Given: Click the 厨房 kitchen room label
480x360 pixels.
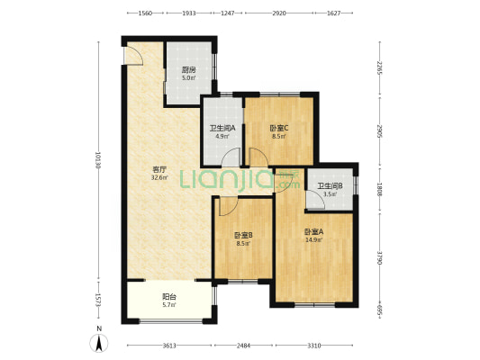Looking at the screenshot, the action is pyautogui.click(x=188, y=70).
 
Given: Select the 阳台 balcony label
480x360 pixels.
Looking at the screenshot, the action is pyautogui.click(x=169, y=297).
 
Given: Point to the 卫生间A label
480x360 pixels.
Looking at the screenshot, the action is pyautogui.click(x=222, y=129).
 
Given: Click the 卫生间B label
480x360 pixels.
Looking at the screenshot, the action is pyautogui.click(x=330, y=186).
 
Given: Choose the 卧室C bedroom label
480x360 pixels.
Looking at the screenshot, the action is pyautogui.click(x=279, y=129).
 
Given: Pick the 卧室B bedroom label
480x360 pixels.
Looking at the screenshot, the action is pyautogui.click(x=243, y=236).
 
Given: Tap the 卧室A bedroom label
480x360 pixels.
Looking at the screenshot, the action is pyautogui.click(x=313, y=232).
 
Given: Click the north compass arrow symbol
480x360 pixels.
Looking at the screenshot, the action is pyautogui.click(x=98, y=343).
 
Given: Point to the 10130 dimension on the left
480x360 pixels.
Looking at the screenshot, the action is pyautogui.click(x=98, y=160).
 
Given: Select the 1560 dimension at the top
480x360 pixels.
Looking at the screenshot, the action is pyautogui.click(x=145, y=13).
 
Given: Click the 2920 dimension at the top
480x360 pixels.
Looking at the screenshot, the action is pyautogui.click(x=279, y=13).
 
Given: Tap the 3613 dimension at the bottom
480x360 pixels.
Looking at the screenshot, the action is pyautogui.click(x=169, y=346).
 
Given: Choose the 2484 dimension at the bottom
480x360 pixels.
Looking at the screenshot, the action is pyautogui.click(x=243, y=346).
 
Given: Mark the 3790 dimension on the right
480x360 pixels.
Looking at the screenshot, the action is pyautogui.click(x=380, y=258).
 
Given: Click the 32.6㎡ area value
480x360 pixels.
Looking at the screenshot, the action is pyautogui.click(x=159, y=177).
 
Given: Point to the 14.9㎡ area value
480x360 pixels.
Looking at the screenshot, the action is pyautogui.click(x=313, y=240).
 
